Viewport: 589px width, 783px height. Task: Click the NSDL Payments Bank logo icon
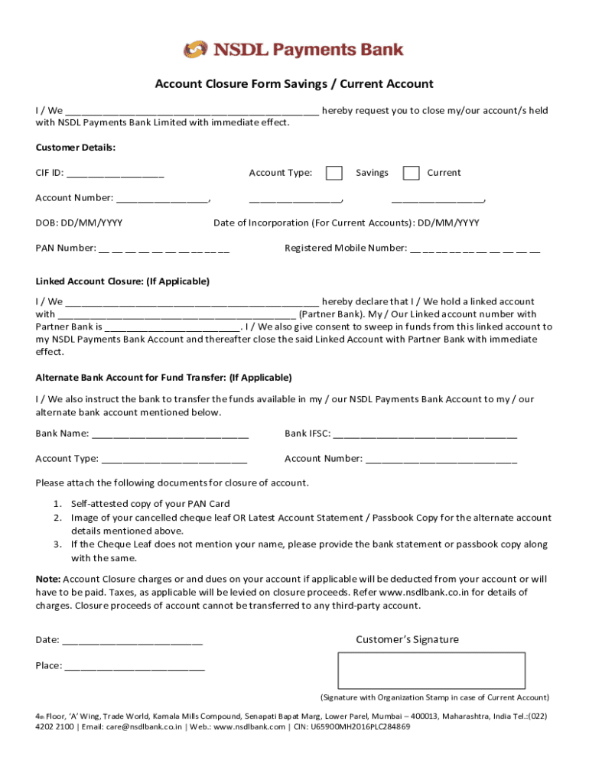click(x=196, y=50)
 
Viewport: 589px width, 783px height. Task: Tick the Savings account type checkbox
click(x=334, y=173)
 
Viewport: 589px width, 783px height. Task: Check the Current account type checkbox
click(x=412, y=173)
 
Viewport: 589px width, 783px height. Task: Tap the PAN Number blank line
click(x=164, y=249)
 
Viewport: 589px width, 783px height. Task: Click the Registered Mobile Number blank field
click(x=475, y=249)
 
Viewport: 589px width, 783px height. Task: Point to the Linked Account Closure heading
click(x=122, y=281)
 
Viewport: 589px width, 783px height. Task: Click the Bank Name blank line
click(x=170, y=434)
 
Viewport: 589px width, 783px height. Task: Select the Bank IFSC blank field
click(x=425, y=434)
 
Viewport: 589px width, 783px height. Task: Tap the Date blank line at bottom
click(x=132, y=641)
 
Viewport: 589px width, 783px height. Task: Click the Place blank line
click(x=135, y=666)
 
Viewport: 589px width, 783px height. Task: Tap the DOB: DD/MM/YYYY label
click(x=79, y=223)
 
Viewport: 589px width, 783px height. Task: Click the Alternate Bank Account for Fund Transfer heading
click(x=164, y=378)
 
